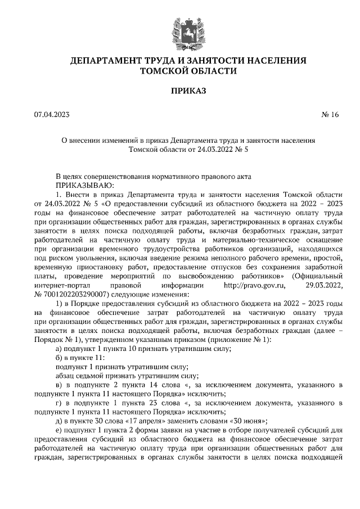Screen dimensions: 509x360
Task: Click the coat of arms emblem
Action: click(180, 30)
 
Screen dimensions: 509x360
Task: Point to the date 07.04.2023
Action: click(52, 115)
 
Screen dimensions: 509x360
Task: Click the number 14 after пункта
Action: click(146, 385)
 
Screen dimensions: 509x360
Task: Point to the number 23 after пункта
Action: click(145, 403)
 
